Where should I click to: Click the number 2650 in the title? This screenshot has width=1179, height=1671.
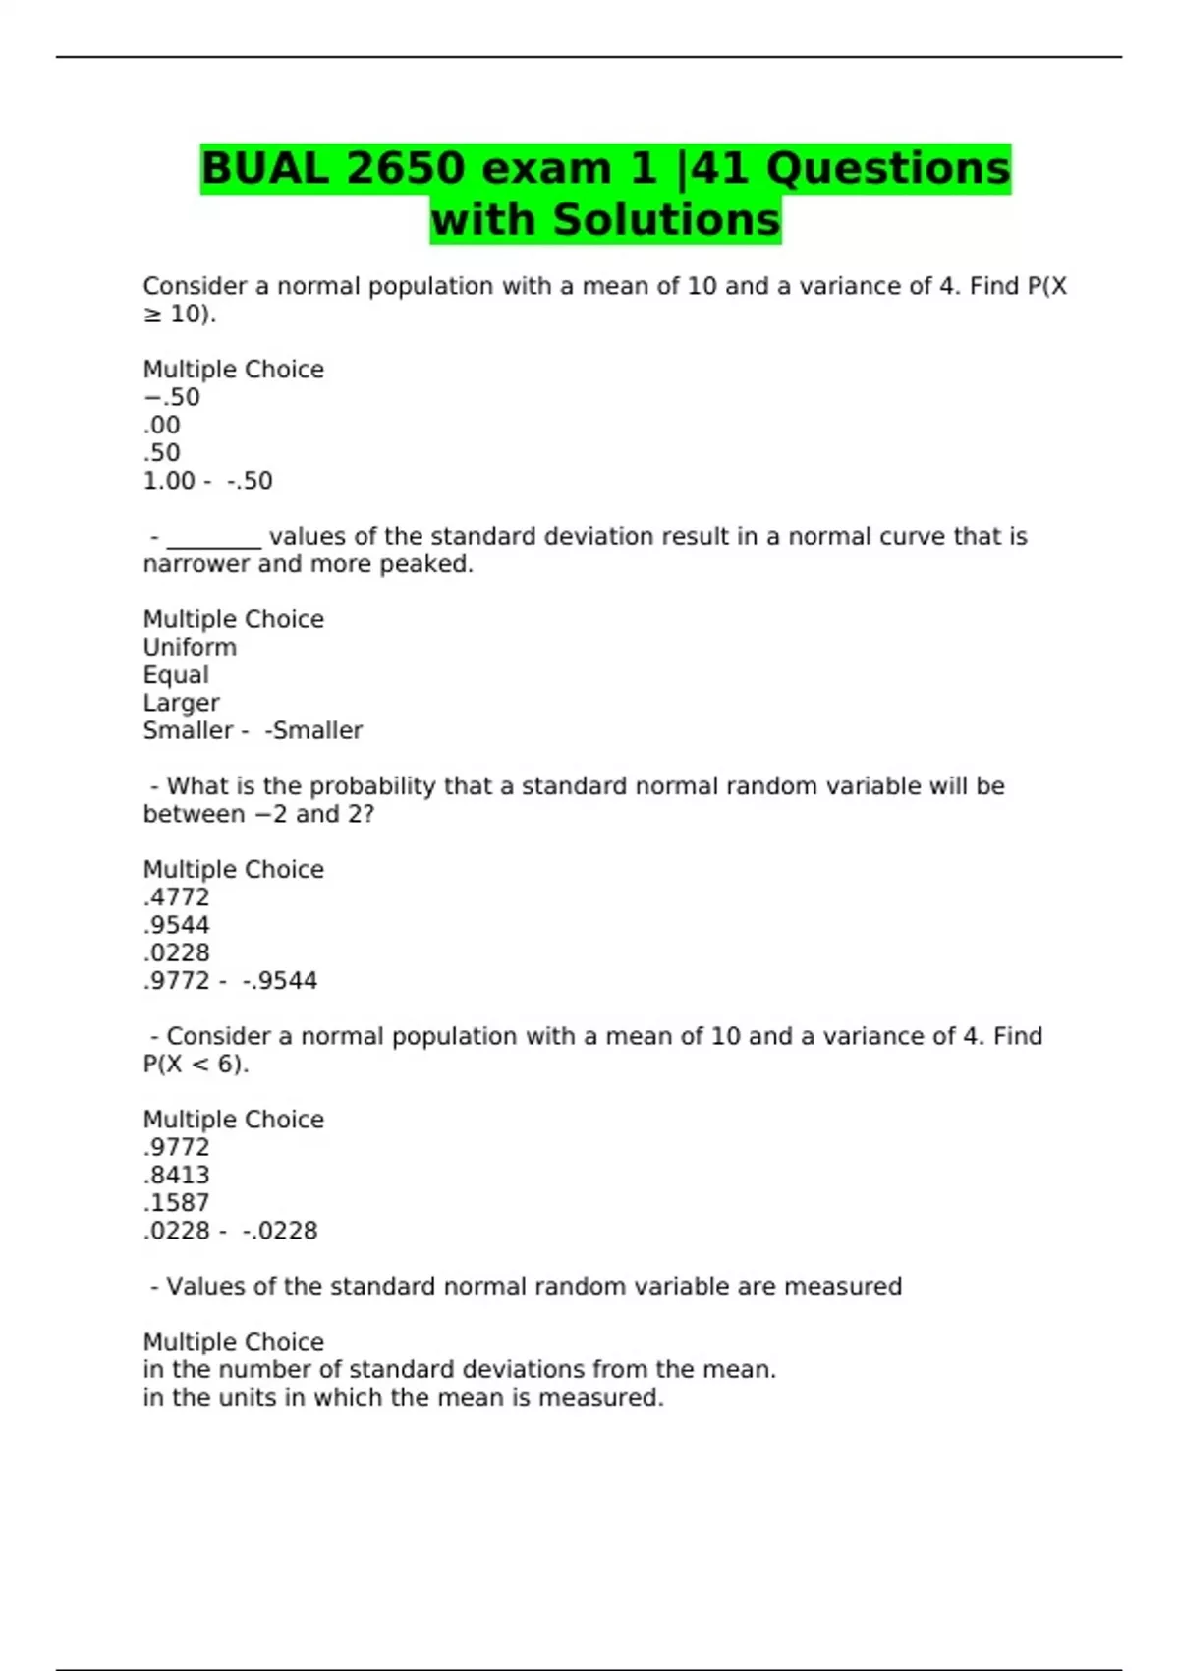[x=405, y=168]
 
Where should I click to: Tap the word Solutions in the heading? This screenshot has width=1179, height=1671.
[x=666, y=219]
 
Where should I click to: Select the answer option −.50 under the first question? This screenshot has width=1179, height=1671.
[x=172, y=397]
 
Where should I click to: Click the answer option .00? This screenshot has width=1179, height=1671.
[x=162, y=425]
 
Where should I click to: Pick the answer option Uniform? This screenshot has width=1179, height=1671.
[x=190, y=647]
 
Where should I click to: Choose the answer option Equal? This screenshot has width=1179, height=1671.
[x=176, y=675]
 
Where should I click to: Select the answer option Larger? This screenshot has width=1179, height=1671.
[x=181, y=703]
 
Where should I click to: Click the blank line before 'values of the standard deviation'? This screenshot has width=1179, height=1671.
[x=214, y=540]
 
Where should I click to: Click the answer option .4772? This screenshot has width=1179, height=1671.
[x=177, y=897]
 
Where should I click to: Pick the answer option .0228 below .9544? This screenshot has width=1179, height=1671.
[x=177, y=952]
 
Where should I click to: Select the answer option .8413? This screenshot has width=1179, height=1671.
[x=177, y=1175]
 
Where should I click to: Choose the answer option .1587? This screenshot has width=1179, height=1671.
[x=177, y=1202]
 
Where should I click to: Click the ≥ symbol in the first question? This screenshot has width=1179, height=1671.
[x=152, y=315]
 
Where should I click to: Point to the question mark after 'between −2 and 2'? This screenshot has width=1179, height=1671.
[x=367, y=814]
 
